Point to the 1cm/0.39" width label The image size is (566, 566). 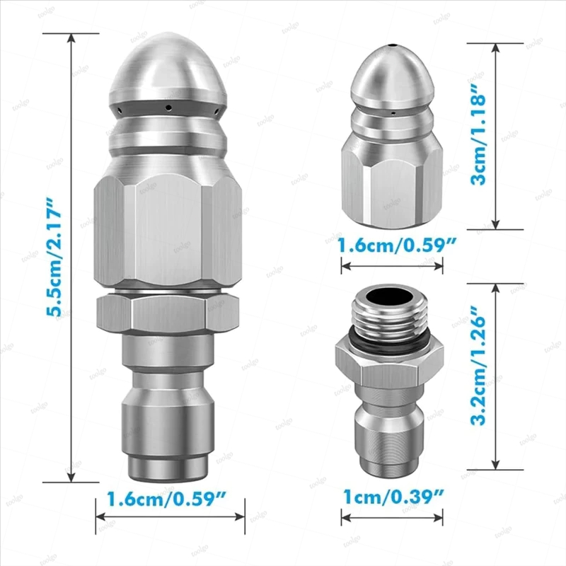pos(393,497)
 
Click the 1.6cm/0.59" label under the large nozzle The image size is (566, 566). pos(166,499)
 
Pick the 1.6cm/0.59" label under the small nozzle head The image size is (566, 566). pos(397,246)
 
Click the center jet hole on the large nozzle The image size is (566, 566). pos(168,107)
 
